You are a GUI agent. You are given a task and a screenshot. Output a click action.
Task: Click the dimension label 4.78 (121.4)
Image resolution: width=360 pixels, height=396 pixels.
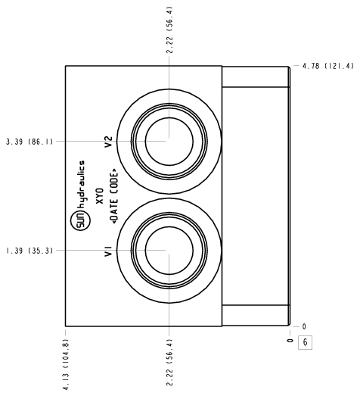pos(328,66)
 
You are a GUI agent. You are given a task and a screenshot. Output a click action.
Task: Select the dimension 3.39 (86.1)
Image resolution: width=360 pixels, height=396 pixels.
pos(29,142)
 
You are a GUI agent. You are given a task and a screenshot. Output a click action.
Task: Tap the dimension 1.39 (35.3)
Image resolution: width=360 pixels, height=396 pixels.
pos(29,251)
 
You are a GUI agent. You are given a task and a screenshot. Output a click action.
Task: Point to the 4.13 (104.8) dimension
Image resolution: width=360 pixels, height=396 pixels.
pos(66,364)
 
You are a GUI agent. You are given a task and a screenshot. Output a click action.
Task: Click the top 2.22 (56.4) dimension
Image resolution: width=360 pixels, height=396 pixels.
pos(169,30)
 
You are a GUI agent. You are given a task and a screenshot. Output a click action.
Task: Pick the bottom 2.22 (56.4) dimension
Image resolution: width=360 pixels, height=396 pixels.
pos(169,363)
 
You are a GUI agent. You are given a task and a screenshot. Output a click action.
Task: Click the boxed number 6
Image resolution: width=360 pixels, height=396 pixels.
pos(306,342)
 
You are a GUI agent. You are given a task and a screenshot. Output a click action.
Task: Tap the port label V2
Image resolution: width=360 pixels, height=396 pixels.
pos(108,142)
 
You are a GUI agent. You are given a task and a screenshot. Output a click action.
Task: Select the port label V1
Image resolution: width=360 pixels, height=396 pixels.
pos(108,251)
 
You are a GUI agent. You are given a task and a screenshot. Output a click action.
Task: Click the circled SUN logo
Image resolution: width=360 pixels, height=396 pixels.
pos(80,222)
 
